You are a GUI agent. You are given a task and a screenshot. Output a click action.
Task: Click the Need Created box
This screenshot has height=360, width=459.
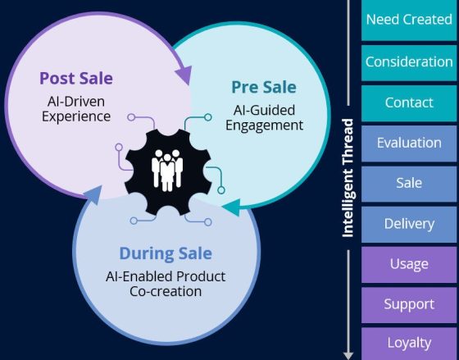[x=408, y=20]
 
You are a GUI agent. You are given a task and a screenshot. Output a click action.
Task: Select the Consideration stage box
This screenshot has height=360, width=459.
[x=408, y=62]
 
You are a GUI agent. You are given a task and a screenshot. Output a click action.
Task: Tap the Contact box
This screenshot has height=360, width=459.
[x=408, y=103]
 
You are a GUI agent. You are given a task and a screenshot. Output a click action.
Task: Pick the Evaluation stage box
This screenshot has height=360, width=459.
[x=408, y=143]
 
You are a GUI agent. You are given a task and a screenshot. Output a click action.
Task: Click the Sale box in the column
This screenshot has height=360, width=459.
[x=408, y=183]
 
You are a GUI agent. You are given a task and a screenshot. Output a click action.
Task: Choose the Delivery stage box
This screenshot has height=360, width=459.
[x=408, y=223]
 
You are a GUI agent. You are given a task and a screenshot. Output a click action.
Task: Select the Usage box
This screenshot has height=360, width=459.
[x=408, y=263]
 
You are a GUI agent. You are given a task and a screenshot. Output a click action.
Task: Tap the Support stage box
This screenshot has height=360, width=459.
[x=408, y=304]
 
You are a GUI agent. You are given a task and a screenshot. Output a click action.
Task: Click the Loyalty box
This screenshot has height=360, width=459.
[x=408, y=342]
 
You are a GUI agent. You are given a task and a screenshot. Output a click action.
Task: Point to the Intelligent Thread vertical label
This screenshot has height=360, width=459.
[x=348, y=179]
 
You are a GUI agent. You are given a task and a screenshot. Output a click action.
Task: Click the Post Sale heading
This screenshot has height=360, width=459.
[x=75, y=79]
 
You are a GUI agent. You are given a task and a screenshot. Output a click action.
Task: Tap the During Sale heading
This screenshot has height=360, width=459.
[x=166, y=253]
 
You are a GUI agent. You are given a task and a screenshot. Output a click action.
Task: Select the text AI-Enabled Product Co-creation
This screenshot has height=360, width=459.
[x=166, y=283]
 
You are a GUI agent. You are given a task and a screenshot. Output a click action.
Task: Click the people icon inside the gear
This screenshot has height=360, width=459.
[x=168, y=169]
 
